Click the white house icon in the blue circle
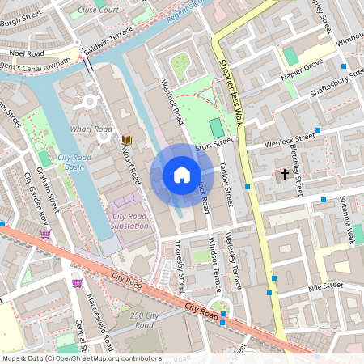pyautogui.click(x=182, y=174)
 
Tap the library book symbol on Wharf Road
pyautogui.click(x=126, y=140)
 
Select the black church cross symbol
pyautogui.click(x=285, y=174)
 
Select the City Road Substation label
pyautogui.click(x=130, y=221)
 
